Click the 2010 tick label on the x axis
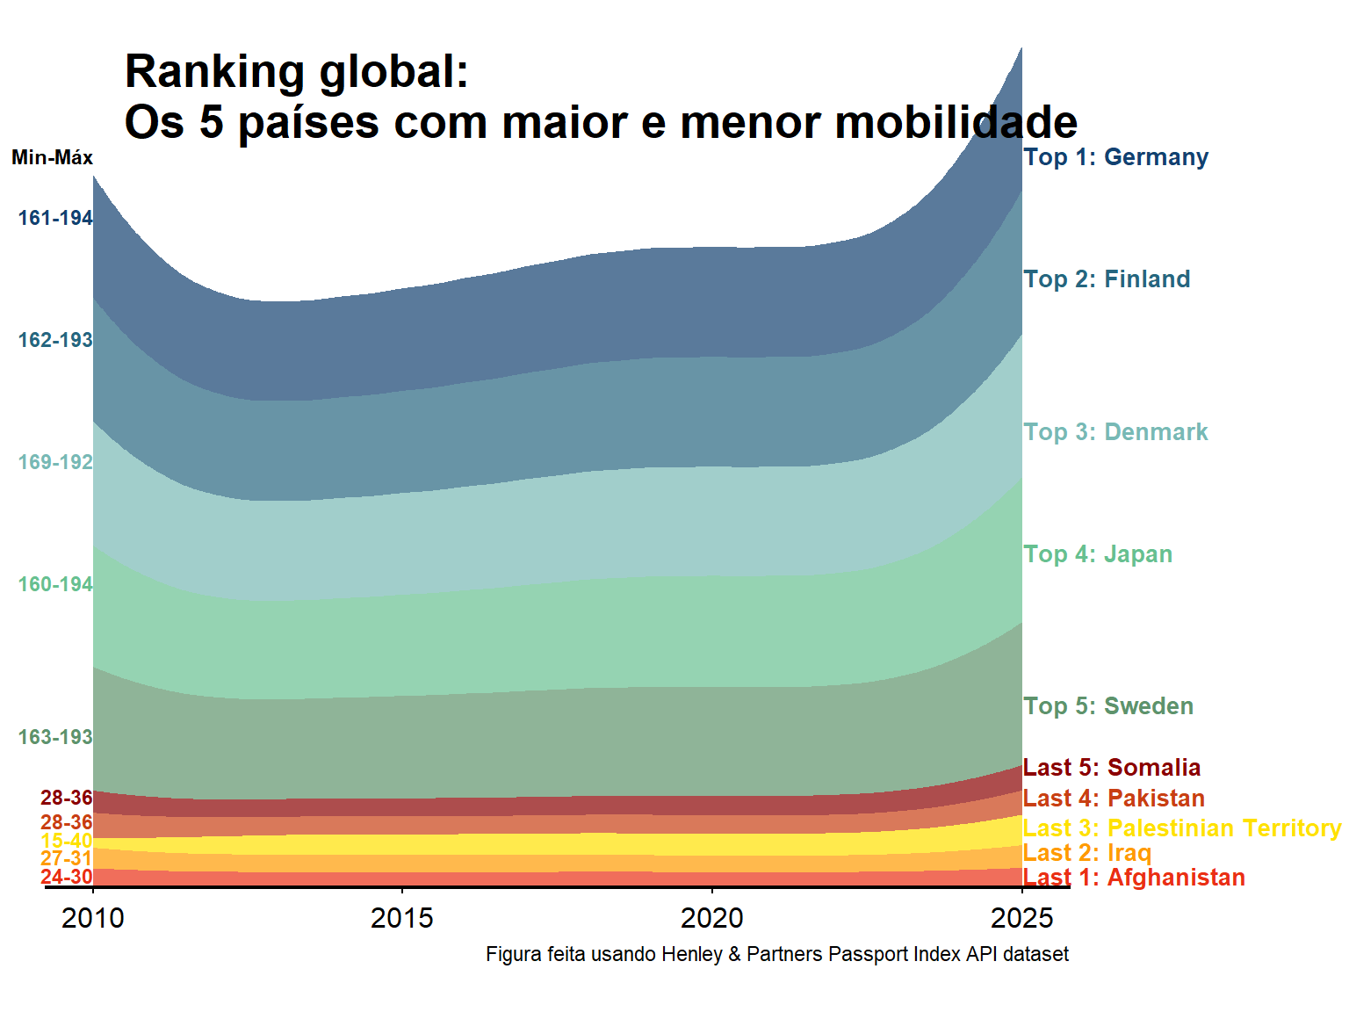(x=93, y=918)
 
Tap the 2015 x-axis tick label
(x=402, y=918)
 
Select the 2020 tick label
(x=711, y=918)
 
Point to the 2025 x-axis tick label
(x=1021, y=918)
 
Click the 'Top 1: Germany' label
(x=1115, y=157)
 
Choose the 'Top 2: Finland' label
(x=1107, y=279)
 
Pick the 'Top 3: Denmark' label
(x=1115, y=432)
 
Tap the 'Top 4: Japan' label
(x=1098, y=554)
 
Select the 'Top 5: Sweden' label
(x=1108, y=706)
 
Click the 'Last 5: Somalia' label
(x=1112, y=768)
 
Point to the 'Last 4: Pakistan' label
(x=1114, y=799)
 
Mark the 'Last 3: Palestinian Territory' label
(x=1182, y=828)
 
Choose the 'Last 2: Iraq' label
(x=1087, y=853)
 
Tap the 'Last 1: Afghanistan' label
(x=1134, y=878)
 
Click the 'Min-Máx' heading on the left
(x=52, y=158)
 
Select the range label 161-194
(x=55, y=218)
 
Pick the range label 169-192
(x=55, y=462)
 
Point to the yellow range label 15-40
(x=66, y=841)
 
